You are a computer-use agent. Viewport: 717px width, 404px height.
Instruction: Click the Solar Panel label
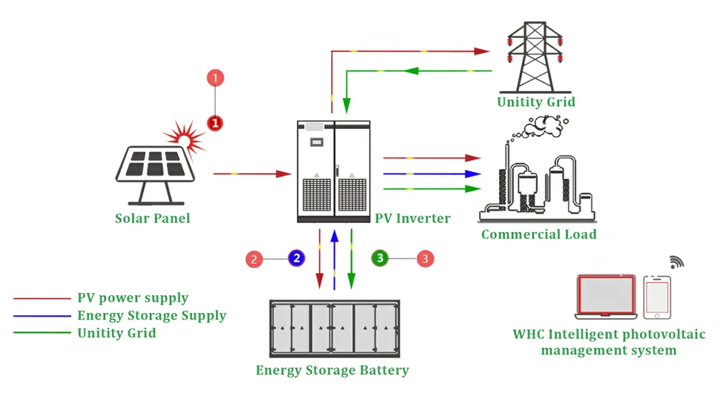pyautogui.click(x=153, y=218)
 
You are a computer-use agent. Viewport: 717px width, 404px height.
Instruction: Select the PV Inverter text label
pyautogui.click(x=413, y=218)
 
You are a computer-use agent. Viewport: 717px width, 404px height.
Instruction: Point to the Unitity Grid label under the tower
pyautogui.click(x=536, y=102)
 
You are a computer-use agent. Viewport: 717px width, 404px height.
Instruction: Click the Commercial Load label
pyautogui.click(x=538, y=234)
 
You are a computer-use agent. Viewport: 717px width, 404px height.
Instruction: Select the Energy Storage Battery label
pyautogui.click(x=333, y=370)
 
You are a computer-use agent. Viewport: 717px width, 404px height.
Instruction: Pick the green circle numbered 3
pyautogui.click(x=380, y=258)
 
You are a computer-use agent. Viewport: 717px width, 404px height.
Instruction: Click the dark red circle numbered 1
pyautogui.click(x=215, y=123)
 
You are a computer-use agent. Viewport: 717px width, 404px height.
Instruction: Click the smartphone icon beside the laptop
pyautogui.click(x=657, y=297)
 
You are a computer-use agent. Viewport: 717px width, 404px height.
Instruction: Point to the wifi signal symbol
pyautogui.click(x=677, y=261)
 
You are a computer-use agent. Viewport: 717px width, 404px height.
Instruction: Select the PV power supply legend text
pyautogui.click(x=133, y=298)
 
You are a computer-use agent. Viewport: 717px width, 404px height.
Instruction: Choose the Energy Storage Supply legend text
pyautogui.click(x=151, y=316)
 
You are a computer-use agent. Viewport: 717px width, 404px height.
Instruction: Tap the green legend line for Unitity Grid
pyautogui.click(x=42, y=332)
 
